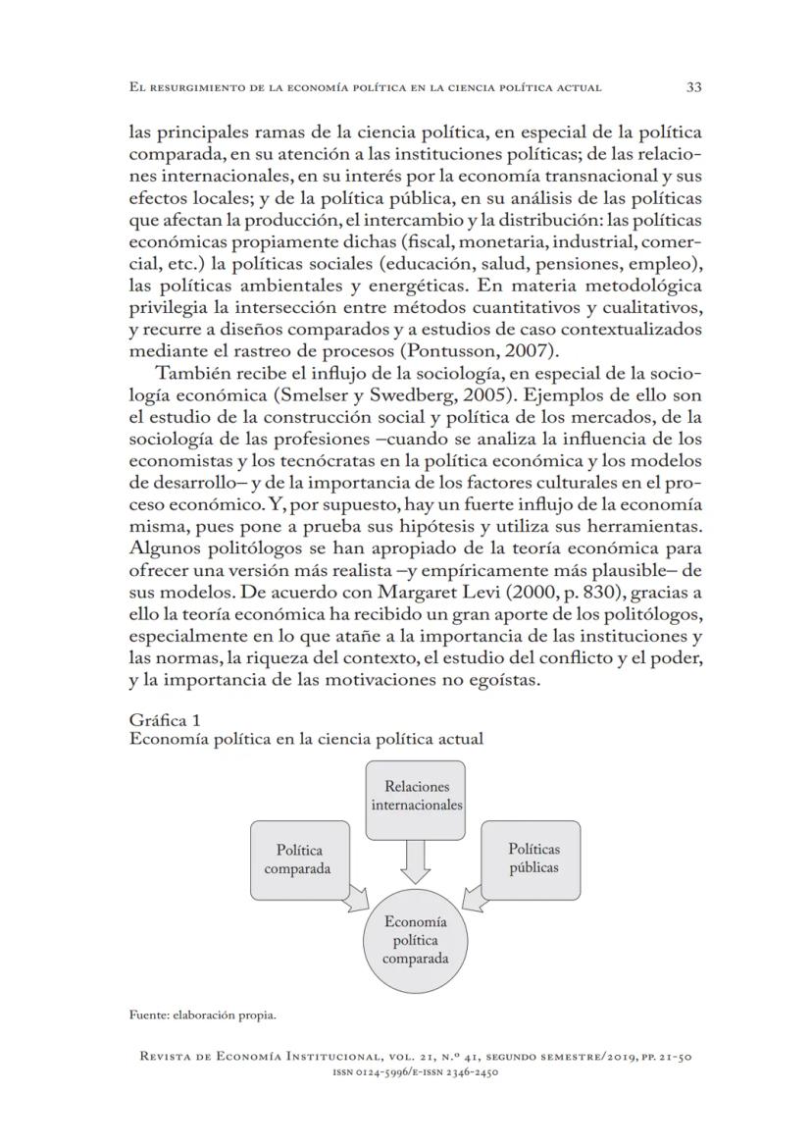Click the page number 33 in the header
click(693, 87)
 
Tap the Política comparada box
click(299, 859)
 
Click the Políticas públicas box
click(533, 859)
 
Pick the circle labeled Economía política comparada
click(416, 940)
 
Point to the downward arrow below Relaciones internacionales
click(417, 860)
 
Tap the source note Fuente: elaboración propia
click(202, 1015)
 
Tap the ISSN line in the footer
click(417, 1072)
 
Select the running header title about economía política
click(365, 88)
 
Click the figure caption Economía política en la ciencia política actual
click(306, 739)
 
